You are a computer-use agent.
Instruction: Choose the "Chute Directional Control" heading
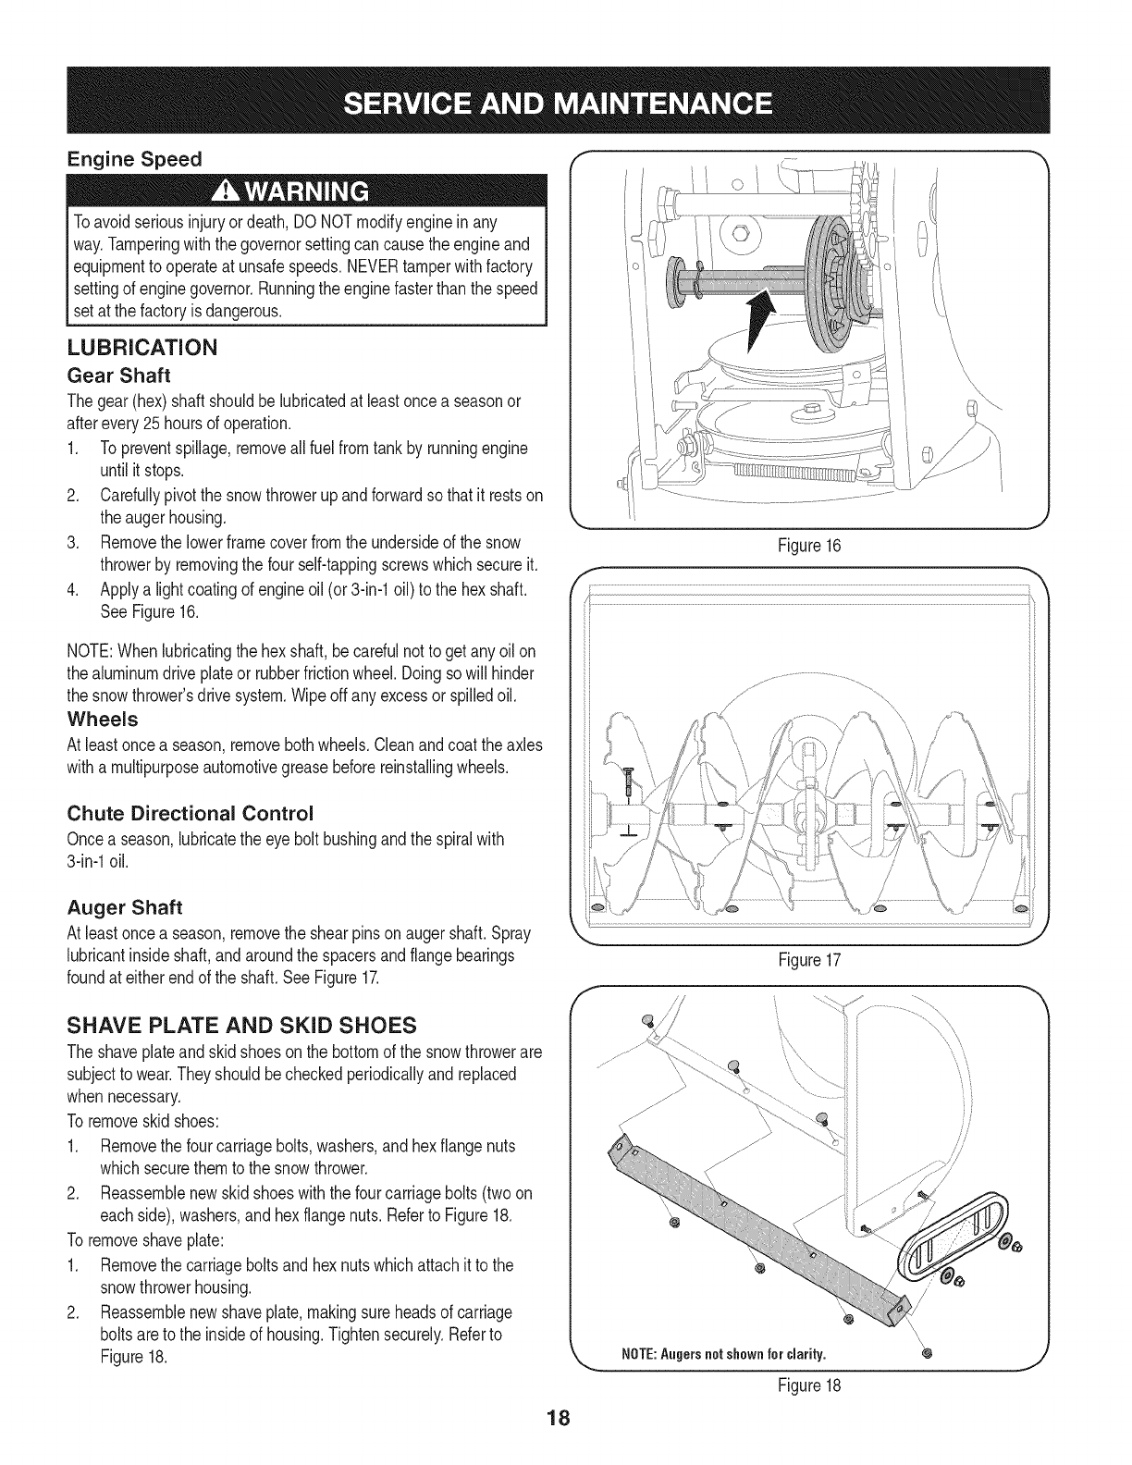point(191,813)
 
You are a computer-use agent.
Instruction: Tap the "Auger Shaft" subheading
point(123,907)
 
